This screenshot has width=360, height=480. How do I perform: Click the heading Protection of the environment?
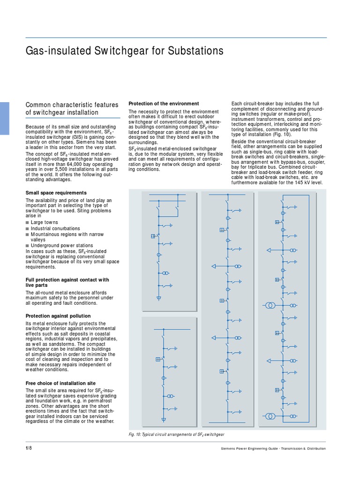164,103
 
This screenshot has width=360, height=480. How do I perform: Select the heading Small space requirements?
56,193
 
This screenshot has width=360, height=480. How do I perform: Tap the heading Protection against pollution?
58,316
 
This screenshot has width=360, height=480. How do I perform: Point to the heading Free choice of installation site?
60,383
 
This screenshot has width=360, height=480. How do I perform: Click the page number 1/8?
29,448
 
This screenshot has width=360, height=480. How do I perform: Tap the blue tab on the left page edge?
4,118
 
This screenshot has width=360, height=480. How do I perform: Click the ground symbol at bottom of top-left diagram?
158,297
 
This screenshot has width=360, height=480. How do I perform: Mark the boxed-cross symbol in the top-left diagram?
153,236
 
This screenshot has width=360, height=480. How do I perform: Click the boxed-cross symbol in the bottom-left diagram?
158,360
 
